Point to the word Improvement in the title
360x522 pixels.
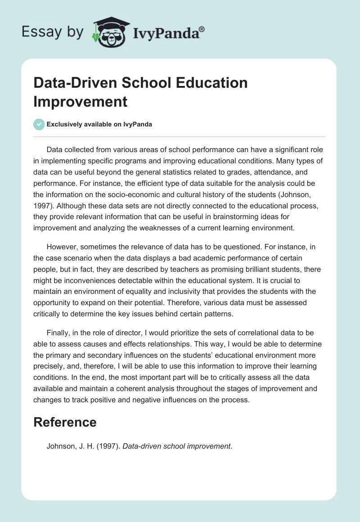(x=81, y=101)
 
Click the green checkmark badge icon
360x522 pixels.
(x=39, y=124)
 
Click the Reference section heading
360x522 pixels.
(x=65, y=422)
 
